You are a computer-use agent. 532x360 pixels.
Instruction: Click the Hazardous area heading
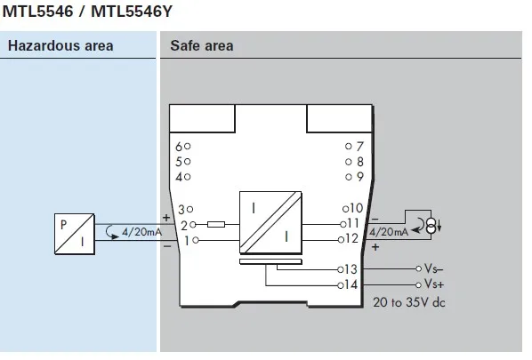coord(60,46)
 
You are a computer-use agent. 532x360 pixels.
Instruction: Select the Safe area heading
coord(202,46)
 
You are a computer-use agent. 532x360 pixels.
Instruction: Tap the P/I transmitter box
coord(72,232)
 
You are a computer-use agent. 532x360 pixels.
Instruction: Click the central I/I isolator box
coord(272,225)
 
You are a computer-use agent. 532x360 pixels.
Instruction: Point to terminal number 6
coord(179,146)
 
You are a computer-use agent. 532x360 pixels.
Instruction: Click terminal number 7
coord(359,146)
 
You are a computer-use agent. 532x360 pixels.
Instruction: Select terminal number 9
coord(359,177)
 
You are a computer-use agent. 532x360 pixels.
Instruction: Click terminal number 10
coord(353,208)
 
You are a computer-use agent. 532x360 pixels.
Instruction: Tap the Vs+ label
coord(434,284)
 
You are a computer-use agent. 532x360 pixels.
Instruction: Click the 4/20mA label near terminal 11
coord(388,231)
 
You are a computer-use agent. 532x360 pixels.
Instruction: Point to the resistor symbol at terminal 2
coord(215,225)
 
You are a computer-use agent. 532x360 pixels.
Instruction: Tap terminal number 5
coord(179,161)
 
